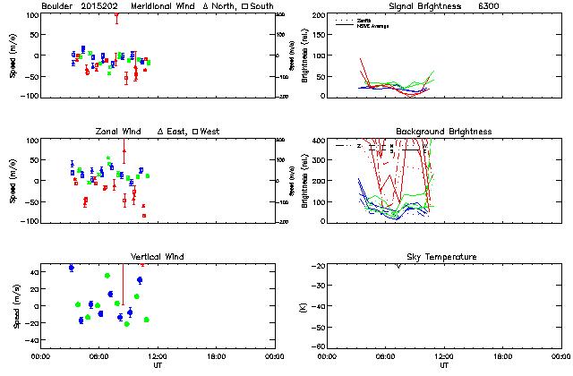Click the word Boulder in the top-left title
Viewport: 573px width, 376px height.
pyautogui.click(x=57, y=6)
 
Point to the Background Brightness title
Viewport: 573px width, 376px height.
pyautogui.click(x=444, y=132)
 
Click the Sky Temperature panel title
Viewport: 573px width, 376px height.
pyautogui.click(x=444, y=257)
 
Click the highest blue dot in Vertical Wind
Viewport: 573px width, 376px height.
pyautogui.click(x=72, y=268)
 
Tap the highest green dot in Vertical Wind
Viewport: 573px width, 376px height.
pyautogui.click(x=107, y=276)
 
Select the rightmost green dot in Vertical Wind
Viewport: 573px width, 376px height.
pyautogui.click(x=146, y=320)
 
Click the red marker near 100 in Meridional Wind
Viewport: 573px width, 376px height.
pyautogui.click(x=116, y=15)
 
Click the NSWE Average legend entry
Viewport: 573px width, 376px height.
pyautogui.click(x=373, y=24)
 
